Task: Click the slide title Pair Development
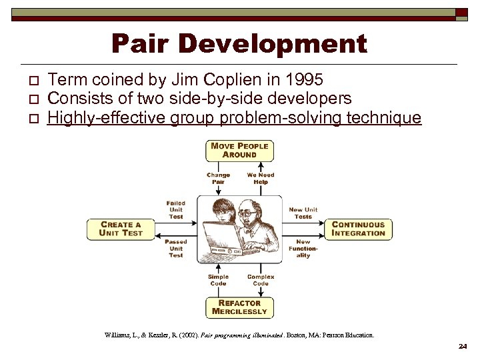239,44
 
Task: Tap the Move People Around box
239,150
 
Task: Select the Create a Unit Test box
121,229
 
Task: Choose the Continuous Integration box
359,229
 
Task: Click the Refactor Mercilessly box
239,307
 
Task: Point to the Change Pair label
218,179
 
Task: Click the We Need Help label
261,179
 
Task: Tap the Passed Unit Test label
176,248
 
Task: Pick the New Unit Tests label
303,213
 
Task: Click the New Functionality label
303,249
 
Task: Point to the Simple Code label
218,279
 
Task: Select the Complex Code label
261,279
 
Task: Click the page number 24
463,347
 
